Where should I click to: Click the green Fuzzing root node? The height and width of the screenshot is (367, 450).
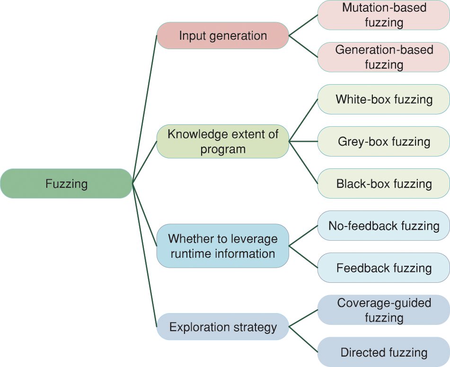[x=66, y=183]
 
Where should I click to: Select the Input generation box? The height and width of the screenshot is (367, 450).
[x=222, y=35]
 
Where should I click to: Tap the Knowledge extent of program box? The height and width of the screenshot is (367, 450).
[x=222, y=141]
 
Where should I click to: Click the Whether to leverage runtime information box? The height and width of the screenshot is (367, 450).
[x=222, y=246]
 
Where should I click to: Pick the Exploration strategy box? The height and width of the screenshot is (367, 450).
[x=222, y=327]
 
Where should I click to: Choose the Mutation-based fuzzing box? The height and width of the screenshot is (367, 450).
[x=384, y=15]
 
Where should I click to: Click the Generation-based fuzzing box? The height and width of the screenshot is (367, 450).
[x=384, y=57]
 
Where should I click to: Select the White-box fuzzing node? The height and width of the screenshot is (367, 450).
[x=384, y=99]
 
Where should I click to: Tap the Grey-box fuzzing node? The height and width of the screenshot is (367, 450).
[x=384, y=141]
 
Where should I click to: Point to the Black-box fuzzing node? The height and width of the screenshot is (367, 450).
[x=384, y=183]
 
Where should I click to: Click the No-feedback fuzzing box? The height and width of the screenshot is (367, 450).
[x=384, y=226]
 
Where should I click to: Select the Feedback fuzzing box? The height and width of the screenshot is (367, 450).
[x=384, y=268]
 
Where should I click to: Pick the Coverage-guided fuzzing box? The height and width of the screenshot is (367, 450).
[x=384, y=310]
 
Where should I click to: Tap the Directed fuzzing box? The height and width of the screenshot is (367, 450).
[x=384, y=352]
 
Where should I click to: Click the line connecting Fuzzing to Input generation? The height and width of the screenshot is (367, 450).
[x=145, y=109]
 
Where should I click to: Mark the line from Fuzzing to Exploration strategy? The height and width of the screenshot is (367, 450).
[x=145, y=255]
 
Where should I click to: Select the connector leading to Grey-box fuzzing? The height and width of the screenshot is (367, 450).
[x=303, y=141]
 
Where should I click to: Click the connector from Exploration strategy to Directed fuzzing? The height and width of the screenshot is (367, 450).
[x=303, y=339]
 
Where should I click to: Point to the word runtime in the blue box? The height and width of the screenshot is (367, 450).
[x=192, y=253]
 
